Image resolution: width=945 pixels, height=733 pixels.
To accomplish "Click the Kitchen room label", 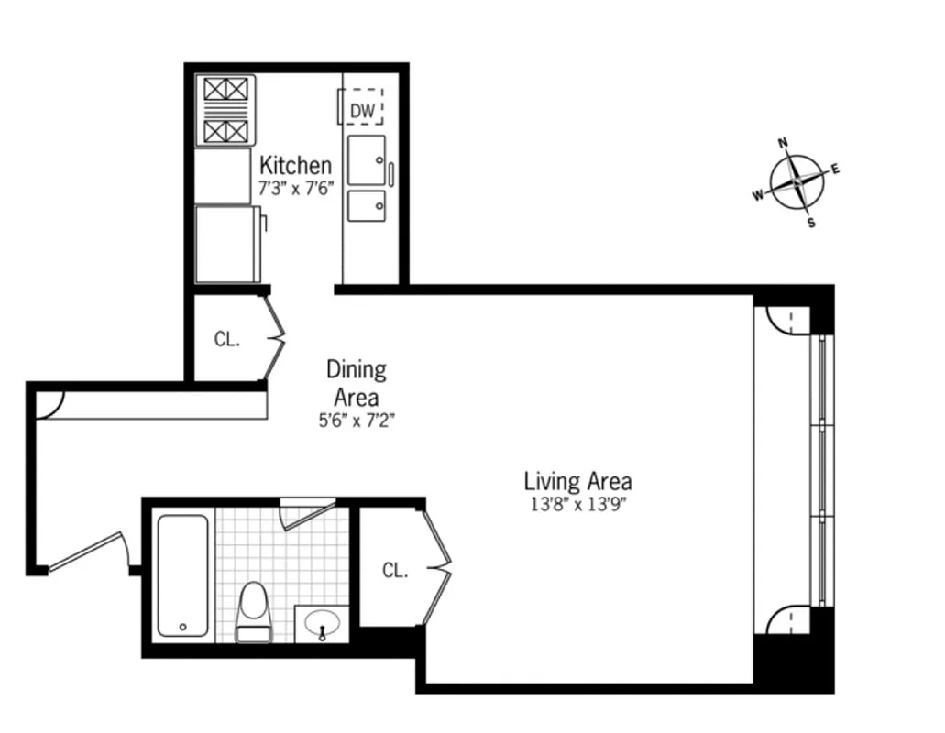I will click(295, 166).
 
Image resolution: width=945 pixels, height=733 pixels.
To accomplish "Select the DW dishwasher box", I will click(362, 111).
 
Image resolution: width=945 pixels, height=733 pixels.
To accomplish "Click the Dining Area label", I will click(357, 383).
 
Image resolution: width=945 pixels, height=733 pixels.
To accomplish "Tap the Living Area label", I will click(577, 481).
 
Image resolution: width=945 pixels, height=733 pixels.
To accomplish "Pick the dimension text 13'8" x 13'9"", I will click(577, 504).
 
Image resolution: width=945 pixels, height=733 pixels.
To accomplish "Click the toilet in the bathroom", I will click(254, 612).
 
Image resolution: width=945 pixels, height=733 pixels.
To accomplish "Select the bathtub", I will click(182, 575).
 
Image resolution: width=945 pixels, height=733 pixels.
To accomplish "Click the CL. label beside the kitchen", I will click(227, 339).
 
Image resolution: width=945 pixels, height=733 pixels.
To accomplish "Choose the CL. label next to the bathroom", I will click(395, 571).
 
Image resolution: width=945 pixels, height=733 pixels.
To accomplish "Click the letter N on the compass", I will click(783, 143).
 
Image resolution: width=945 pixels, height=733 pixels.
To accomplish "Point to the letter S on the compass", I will click(810, 223).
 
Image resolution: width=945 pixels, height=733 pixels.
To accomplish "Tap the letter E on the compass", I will click(835, 169).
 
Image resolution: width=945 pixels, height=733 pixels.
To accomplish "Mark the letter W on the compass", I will click(758, 194).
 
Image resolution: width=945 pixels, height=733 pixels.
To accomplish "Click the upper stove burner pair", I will click(225, 89).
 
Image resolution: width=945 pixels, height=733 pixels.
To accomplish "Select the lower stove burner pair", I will click(225, 130).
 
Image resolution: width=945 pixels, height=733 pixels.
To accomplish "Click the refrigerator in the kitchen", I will click(226, 244).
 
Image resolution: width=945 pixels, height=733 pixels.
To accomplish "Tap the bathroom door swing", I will click(307, 513).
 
